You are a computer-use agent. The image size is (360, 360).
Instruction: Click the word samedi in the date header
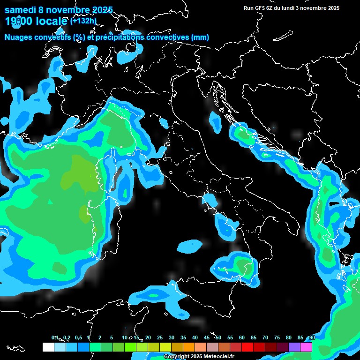click(x=21, y=10)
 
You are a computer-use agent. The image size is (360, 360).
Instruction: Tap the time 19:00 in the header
click(x=19, y=21)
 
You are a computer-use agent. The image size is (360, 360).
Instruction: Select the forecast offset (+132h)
click(x=84, y=21)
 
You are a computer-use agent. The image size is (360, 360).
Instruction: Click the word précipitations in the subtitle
click(x=121, y=37)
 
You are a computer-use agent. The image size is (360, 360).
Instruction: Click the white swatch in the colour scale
click(x=48, y=347)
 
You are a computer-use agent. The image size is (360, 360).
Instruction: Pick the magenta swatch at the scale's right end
click(x=306, y=347)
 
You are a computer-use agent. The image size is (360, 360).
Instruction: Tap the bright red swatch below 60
click(x=247, y=347)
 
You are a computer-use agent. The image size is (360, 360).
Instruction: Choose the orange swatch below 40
click(x=189, y=347)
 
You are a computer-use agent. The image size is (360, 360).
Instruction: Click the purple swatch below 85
click(x=294, y=347)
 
